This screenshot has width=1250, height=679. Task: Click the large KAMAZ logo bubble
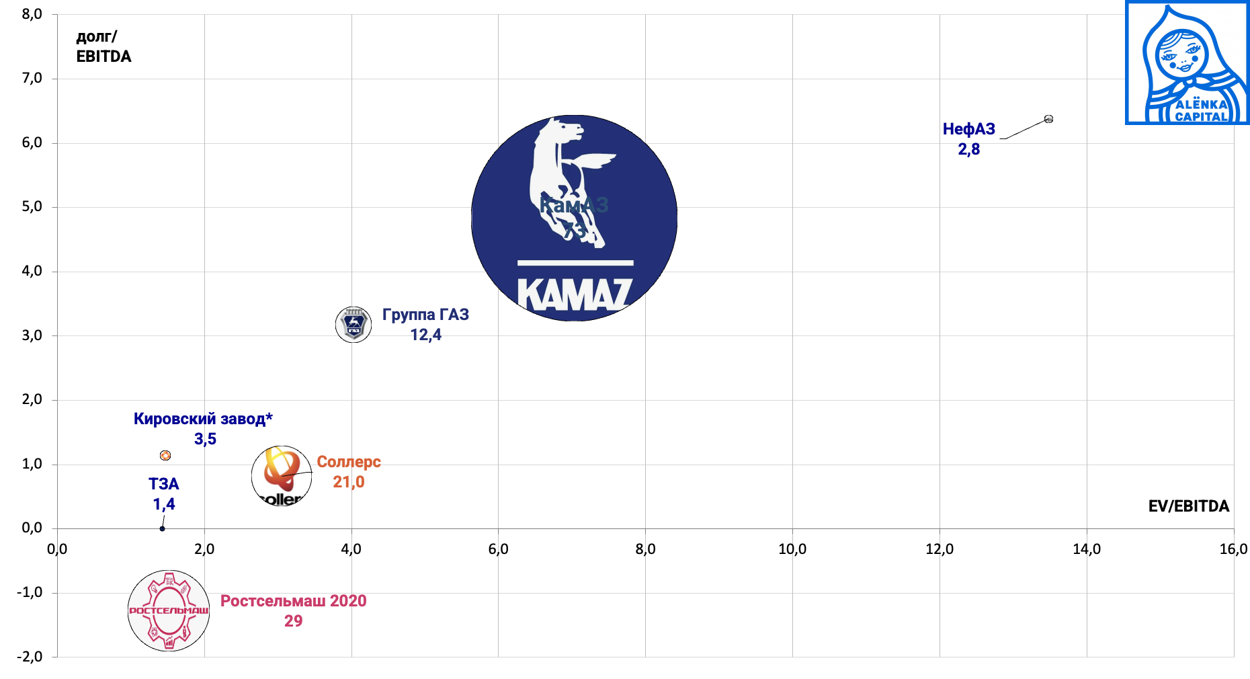click(574, 218)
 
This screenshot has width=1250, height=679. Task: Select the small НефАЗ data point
click(1048, 119)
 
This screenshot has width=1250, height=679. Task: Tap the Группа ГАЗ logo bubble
click(353, 325)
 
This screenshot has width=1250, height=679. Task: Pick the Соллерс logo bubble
click(282, 476)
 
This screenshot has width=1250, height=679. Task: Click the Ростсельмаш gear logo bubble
click(169, 610)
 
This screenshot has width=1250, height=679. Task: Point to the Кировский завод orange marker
click(165, 455)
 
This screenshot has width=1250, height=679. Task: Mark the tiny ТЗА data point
click(162, 528)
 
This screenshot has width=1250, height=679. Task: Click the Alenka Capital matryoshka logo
click(1187, 63)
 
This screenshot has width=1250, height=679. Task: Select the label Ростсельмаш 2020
click(293, 601)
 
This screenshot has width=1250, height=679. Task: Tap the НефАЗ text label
click(968, 129)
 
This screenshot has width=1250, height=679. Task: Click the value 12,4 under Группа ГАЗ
click(425, 335)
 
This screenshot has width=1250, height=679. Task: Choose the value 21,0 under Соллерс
click(349, 482)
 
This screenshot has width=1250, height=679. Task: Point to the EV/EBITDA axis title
click(1188, 506)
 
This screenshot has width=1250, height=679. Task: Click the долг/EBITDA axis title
click(103, 46)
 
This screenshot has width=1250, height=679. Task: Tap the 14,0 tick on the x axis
click(1086, 549)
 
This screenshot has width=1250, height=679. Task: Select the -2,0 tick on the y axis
click(30, 657)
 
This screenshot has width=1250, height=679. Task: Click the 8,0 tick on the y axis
click(32, 14)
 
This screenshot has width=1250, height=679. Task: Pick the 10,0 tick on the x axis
click(792, 549)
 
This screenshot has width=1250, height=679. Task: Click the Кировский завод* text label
click(203, 419)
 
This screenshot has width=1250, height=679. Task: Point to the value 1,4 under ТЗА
click(164, 504)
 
